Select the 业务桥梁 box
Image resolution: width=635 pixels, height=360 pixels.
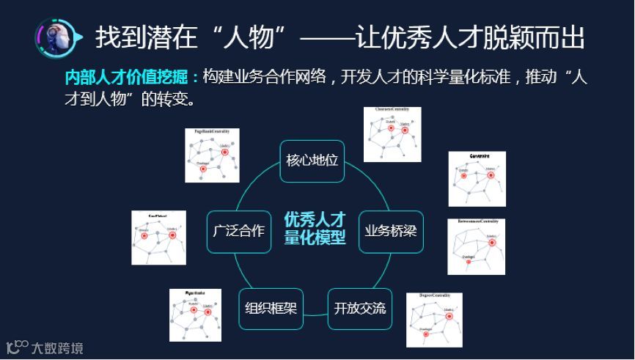tap(391, 232)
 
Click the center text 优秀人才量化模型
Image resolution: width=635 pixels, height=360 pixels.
tap(315, 229)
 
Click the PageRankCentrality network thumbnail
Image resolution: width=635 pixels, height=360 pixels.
tap(212, 155)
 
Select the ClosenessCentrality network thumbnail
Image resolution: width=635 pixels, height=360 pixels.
tap(392, 133)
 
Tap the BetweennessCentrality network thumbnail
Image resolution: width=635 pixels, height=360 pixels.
tap(476, 246)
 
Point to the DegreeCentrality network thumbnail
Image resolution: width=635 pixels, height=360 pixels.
tap(434, 320)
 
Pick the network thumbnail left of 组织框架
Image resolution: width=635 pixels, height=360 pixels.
tap(195, 315)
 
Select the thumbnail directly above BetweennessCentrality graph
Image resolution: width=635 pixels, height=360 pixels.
tap(477, 179)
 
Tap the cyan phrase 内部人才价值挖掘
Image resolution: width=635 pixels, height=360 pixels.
tap(131, 78)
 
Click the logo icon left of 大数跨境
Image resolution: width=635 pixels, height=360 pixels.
tap(17, 345)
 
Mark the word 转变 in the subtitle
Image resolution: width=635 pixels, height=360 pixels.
tap(176, 98)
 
